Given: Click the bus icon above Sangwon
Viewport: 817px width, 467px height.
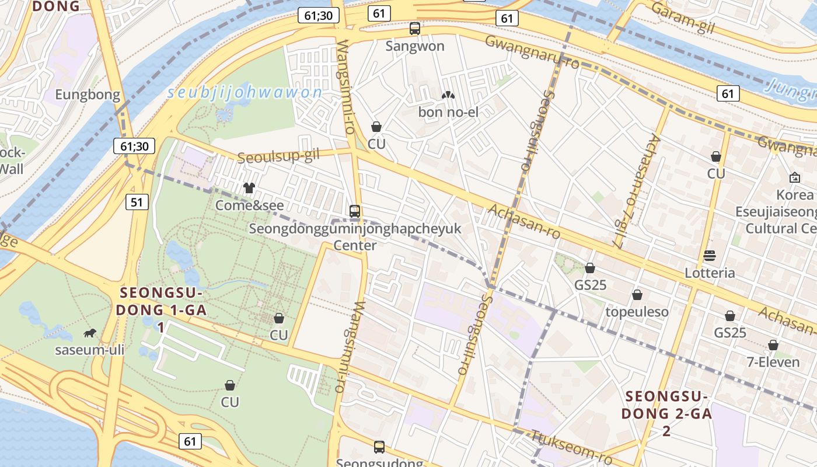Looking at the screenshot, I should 415,28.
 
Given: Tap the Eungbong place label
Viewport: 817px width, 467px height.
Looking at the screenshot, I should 88,95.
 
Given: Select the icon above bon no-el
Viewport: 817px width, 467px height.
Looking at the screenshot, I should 448,95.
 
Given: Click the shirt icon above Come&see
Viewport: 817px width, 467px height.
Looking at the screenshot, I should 249,187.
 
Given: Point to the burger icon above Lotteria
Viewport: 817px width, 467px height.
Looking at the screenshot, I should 710,255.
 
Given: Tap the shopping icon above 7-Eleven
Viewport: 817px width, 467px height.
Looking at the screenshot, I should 773,345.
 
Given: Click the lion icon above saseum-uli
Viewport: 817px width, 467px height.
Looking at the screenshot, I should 90,333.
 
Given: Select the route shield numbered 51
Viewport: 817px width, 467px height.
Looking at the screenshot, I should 137,203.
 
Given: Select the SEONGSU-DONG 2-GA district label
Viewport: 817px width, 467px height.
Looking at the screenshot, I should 666,413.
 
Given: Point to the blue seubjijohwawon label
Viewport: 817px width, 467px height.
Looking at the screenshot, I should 245,92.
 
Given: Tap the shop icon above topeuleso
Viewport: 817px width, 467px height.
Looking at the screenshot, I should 637,295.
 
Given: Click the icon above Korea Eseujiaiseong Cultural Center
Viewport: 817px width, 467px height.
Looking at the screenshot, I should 794,177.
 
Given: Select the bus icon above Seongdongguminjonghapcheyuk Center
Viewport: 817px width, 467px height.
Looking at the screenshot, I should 354,211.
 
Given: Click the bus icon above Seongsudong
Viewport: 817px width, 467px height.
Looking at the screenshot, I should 379,447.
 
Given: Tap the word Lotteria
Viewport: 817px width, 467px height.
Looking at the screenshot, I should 710,273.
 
